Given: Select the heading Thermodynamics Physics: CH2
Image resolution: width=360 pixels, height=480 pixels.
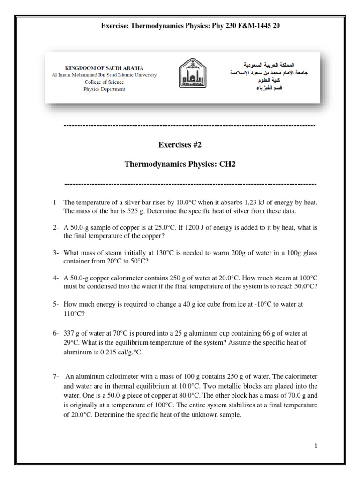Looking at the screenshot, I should [180, 164].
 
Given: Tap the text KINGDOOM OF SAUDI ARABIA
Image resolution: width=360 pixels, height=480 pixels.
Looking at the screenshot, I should [104, 68].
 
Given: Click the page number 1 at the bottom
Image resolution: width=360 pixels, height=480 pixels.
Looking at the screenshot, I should [316, 446].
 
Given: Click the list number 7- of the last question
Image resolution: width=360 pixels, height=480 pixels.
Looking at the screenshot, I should [56, 376].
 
